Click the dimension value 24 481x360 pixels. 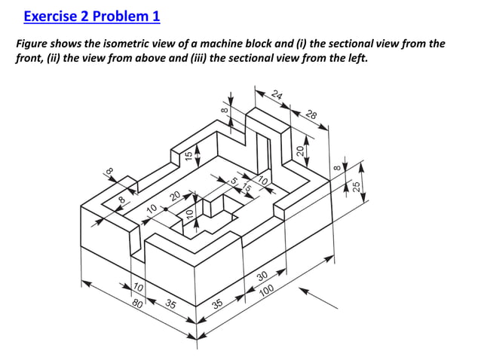pyautogui.click(x=277, y=96)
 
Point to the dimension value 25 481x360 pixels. pyautogui.click(x=357, y=186)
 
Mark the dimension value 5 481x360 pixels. pyautogui.click(x=234, y=182)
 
